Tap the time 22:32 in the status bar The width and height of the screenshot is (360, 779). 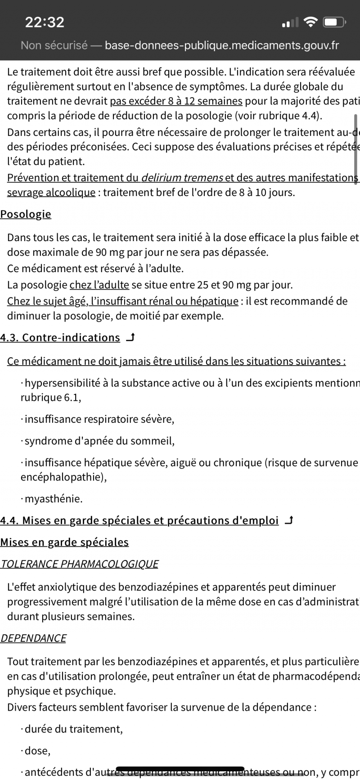click(x=45, y=22)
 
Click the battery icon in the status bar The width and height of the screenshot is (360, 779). click(x=335, y=22)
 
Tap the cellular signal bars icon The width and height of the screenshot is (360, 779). click(x=290, y=22)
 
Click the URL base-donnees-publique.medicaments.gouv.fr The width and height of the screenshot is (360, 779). click(x=222, y=45)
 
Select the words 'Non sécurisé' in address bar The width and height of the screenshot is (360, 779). click(x=54, y=45)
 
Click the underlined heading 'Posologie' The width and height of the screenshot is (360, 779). click(x=26, y=214)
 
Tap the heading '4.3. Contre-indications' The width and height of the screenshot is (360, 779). click(x=60, y=338)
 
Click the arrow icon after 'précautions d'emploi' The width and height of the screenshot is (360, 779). click(x=290, y=520)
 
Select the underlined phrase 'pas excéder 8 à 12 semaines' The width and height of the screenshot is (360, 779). click(x=176, y=101)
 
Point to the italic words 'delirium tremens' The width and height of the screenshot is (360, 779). click(x=182, y=178)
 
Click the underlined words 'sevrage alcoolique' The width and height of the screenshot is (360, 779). click(x=51, y=193)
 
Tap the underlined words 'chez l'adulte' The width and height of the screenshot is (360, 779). click(x=99, y=285)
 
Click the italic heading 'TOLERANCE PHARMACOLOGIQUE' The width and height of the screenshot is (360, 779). click(x=80, y=564)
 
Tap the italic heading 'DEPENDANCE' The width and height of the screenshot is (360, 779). click(x=33, y=638)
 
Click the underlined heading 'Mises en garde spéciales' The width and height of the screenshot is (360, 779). click(x=64, y=542)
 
